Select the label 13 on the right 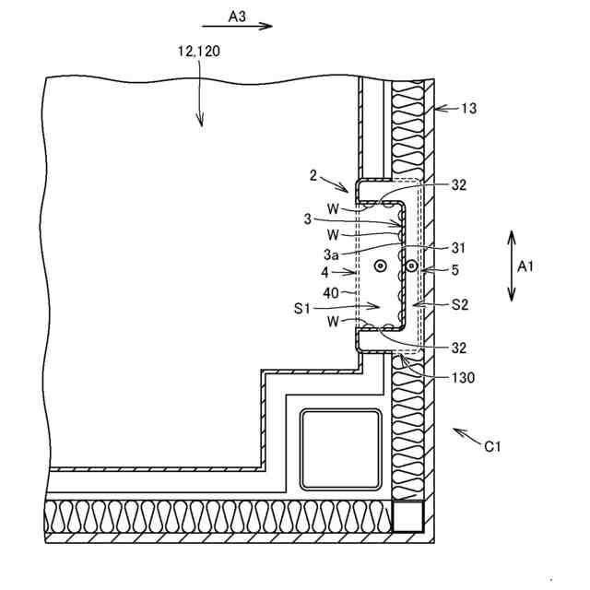tap(471, 109)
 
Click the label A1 tap(526, 266)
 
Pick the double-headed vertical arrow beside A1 tap(511, 266)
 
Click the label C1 tap(493, 447)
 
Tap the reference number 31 tap(459, 247)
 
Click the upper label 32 tap(459, 183)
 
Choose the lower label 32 tap(459, 348)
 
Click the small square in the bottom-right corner tap(406, 517)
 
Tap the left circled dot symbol tap(380, 266)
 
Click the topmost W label tap(333, 207)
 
